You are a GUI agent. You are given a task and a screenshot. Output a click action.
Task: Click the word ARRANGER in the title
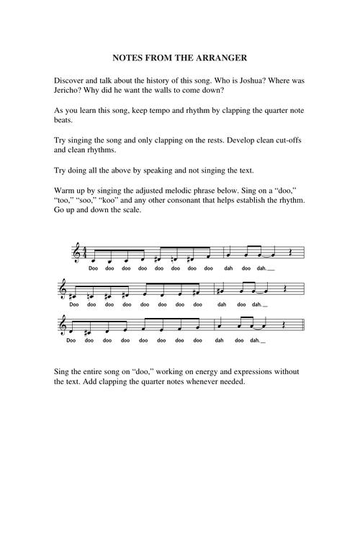pyautogui.click(x=220, y=57)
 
